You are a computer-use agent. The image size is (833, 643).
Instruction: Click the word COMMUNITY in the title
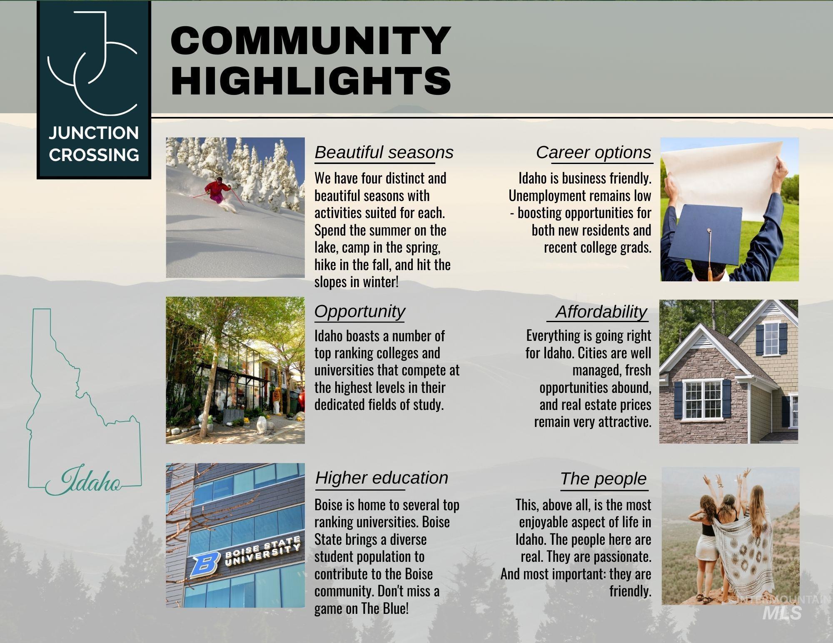tap(311, 40)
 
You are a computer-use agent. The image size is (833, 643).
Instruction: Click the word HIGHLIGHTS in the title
tap(311, 79)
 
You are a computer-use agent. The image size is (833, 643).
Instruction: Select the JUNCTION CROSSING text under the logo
tap(94, 144)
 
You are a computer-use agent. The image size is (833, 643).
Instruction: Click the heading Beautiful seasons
tap(384, 152)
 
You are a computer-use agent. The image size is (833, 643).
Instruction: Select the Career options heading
tap(594, 152)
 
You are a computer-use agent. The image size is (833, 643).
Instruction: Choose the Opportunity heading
tap(359, 311)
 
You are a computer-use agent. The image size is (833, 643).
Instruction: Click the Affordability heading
tap(601, 312)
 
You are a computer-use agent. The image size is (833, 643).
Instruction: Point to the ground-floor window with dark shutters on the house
tap(703, 400)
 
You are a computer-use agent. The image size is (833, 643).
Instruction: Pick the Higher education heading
tap(382, 478)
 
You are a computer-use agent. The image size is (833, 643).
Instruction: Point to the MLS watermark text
tap(782, 612)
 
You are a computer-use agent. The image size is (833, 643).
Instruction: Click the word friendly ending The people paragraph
tap(630, 591)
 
